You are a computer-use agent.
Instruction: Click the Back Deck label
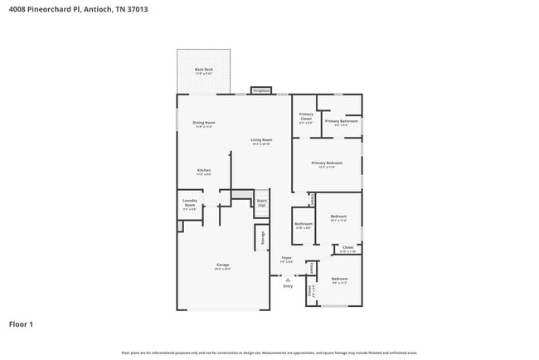pyautogui.click(x=203, y=70)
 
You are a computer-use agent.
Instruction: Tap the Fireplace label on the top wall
pyautogui.click(x=262, y=90)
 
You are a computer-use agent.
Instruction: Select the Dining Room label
pyautogui.click(x=204, y=123)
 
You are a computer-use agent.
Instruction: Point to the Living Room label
pyautogui.click(x=261, y=140)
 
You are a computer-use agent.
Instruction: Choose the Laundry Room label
pyautogui.click(x=189, y=204)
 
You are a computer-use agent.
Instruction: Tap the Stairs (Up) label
pyautogui.click(x=261, y=202)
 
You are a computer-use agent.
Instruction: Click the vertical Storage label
pyautogui.click(x=264, y=238)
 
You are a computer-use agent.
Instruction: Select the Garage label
pyautogui.click(x=223, y=265)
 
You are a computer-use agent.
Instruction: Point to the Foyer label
pyautogui.click(x=286, y=258)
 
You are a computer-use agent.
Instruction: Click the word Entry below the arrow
pyautogui.click(x=288, y=286)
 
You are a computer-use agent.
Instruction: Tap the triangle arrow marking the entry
pyautogui.click(x=288, y=280)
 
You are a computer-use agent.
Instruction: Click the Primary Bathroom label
pyautogui.click(x=341, y=121)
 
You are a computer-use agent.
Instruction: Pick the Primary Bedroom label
pyautogui.click(x=326, y=163)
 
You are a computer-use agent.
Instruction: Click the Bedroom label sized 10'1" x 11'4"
pyautogui.click(x=338, y=216)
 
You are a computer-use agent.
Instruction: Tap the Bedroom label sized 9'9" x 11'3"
pyautogui.click(x=339, y=279)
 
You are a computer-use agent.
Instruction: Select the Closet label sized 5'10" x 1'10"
pyautogui.click(x=347, y=247)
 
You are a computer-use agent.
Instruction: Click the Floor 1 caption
pyautogui.click(x=22, y=324)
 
